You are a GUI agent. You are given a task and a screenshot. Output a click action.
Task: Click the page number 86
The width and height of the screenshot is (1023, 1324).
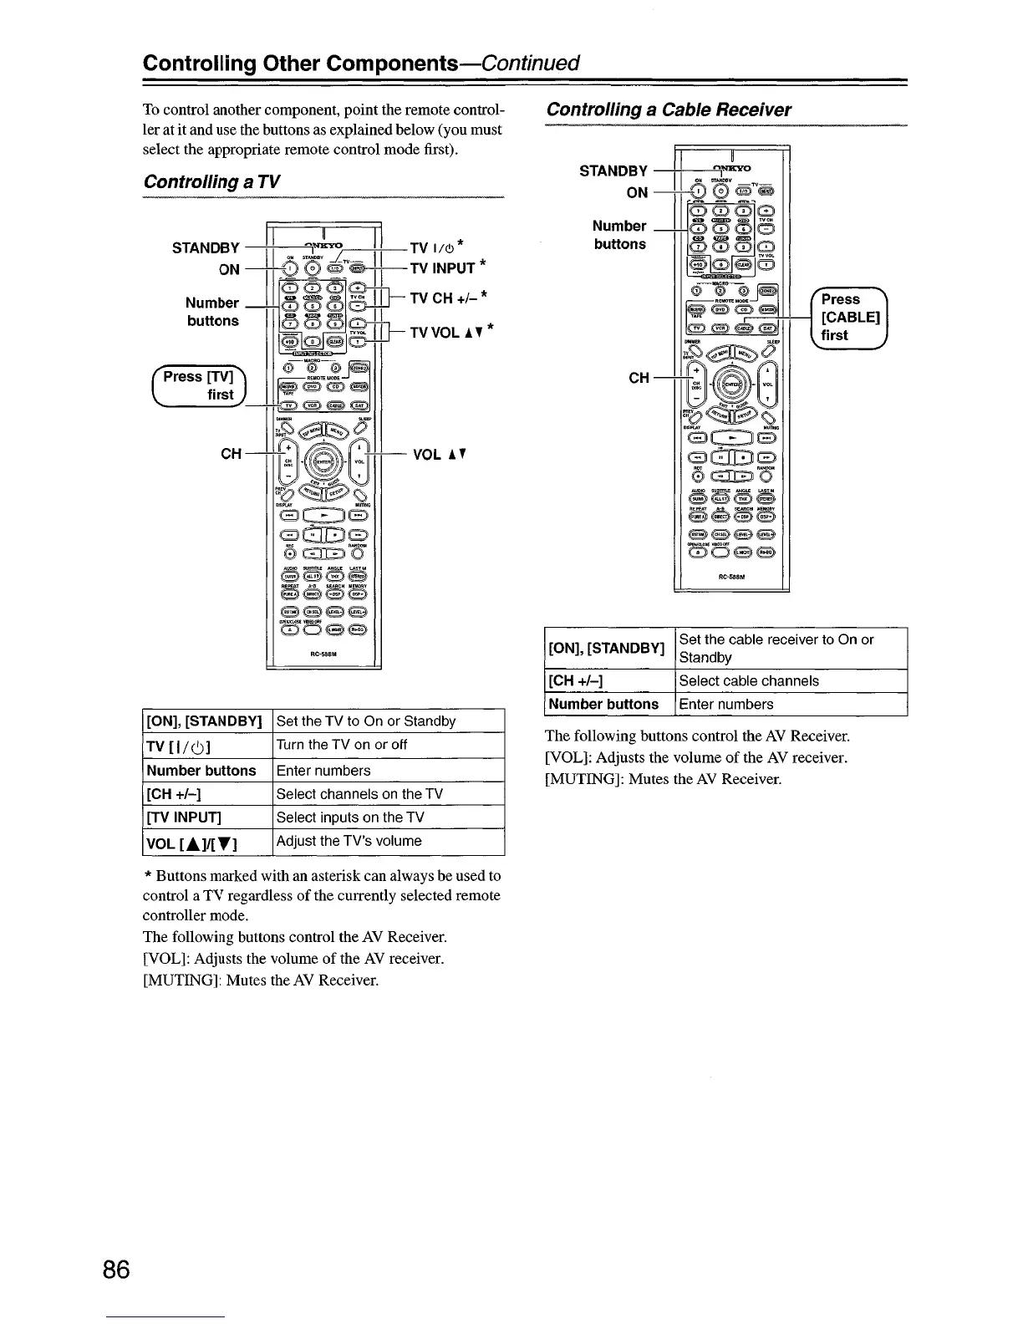tap(117, 1271)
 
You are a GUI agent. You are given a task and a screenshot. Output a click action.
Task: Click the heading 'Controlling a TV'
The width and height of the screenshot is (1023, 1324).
tap(211, 182)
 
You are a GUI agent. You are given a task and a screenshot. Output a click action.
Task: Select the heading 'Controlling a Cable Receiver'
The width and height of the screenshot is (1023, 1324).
tap(668, 109)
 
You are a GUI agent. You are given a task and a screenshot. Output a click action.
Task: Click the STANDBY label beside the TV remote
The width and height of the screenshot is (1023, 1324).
tap(206, 247)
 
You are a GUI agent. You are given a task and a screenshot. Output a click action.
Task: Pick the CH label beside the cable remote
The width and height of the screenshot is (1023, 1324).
tap(639, 378)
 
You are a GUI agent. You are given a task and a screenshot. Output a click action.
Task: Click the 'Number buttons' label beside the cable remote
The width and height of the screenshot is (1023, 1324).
tap(619, 235)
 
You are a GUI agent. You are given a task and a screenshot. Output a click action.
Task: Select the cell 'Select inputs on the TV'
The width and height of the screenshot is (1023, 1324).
tap(350, 817)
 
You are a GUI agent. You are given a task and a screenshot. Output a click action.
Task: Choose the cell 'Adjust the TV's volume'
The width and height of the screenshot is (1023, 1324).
tap(349, 841)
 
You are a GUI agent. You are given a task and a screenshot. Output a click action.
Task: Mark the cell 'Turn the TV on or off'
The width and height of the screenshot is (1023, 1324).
tap(341, 745)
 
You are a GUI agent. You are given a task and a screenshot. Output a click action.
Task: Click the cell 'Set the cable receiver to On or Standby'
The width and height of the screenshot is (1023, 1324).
tap(776, 649)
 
